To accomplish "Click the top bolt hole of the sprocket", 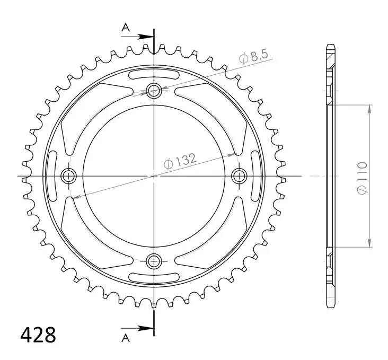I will [154, 91].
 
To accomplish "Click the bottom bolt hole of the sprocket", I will [154, 260].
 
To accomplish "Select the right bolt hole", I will [240, 175].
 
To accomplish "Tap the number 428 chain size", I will [38, 336].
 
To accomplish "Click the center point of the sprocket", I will [154, 175].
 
